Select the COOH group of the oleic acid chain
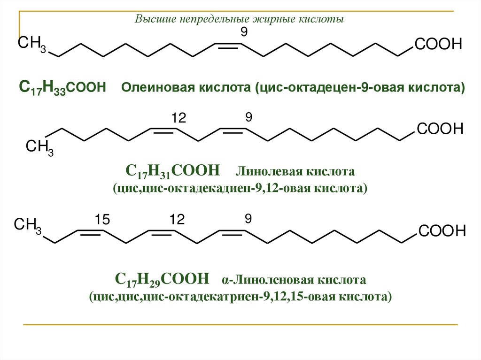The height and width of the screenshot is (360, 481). (x=438, y=45)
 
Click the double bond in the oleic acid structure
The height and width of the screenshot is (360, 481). (x=228, y=46)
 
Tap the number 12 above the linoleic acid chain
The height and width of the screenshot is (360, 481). (x=178, y=119)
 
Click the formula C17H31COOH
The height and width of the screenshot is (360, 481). (x=173, y=169)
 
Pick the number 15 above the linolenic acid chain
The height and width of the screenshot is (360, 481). (x=101, y=219)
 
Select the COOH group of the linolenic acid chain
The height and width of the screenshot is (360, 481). (x=442, y=231)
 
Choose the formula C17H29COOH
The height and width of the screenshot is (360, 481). (x=162, y=279)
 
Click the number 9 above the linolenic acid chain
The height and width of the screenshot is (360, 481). (x=248, y=219)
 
